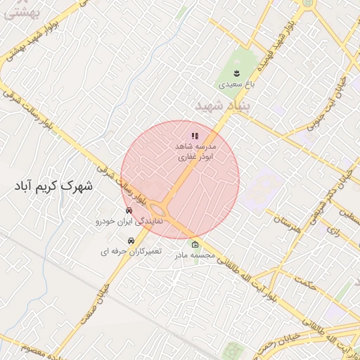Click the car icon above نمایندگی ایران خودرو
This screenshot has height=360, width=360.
pyautogui.click(x=129, y=211)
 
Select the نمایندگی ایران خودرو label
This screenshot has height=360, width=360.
pyautogui.click(x=129, y=221)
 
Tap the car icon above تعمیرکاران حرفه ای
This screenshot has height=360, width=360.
pyautogui.click(x=131, y=240)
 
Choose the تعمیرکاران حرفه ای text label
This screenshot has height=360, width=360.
pyautogui.click(x=130, y=251)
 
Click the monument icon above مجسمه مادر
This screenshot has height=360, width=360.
pyautogui.click(x=195, y=245)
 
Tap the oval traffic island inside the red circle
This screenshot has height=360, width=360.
pyautogui.click(x=161, y=209)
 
